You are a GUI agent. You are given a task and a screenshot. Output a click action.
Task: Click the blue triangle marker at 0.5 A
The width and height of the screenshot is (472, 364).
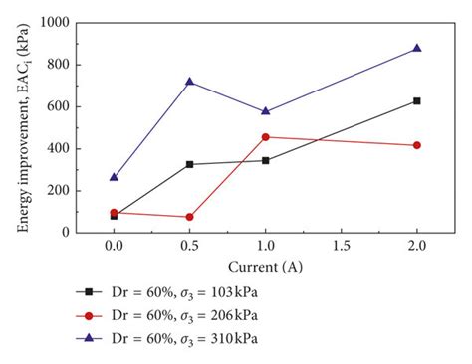(x=189, y=81)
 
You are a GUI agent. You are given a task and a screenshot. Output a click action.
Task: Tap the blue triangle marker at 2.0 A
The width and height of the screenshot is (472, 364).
(x=416, y=48)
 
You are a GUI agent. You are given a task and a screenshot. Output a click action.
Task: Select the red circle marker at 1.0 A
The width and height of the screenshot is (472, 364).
(x=265, y=137)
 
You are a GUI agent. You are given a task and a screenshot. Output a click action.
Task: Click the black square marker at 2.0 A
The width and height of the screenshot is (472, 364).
(x=416, y=100)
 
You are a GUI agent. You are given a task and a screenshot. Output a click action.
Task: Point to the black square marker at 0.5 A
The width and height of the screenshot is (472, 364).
(x=189, y=164)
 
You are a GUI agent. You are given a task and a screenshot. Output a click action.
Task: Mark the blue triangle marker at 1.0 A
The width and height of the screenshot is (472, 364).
(x=265, y=111)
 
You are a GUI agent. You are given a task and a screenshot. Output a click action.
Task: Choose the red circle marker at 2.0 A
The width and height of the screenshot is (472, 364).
(x=416, y=145)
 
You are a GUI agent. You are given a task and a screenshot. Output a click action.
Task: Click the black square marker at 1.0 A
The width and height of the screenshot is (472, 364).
(x=265, y=160)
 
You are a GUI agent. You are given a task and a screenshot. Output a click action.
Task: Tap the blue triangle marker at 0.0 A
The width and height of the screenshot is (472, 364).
(x=114, y=177)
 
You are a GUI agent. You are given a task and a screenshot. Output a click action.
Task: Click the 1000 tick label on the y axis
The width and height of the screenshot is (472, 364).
(x=82, y=22)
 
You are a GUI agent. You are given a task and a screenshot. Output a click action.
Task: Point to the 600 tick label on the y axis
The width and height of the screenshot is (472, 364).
(x=86, y=106)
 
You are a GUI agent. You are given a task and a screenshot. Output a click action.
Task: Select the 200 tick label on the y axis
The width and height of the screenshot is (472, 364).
(x=86, y=191)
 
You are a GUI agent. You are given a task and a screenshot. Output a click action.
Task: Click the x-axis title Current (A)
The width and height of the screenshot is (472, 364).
(x=265, y=266)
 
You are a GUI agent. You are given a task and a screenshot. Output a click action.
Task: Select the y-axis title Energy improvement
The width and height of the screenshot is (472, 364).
(x=22, y=127)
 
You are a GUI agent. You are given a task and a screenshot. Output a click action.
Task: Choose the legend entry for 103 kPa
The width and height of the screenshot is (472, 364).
(x=189, y=291)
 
